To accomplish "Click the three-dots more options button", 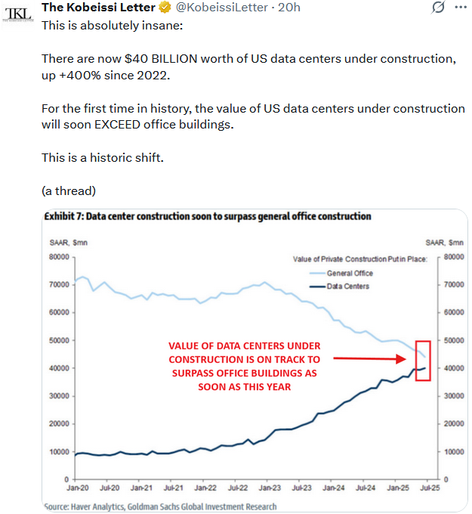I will point(460,8).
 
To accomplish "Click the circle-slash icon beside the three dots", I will point(437,8).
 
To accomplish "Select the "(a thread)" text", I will point(68,190).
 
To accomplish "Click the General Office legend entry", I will point(350,273).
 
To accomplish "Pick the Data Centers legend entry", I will point(348,286).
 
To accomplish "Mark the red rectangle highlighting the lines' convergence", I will point(423,361).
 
